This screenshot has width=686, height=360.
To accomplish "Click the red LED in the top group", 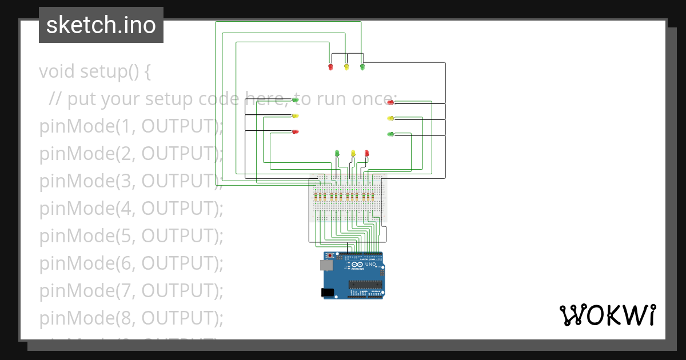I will tap(330, 67).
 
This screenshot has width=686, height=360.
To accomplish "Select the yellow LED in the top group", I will tap(346, 67).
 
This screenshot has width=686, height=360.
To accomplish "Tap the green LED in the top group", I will tap(362, 67).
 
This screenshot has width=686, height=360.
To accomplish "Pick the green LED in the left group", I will tap(295, 99).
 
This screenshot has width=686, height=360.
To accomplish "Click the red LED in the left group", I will tap(295, 131).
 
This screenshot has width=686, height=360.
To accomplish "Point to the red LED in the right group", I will tap(391, 102).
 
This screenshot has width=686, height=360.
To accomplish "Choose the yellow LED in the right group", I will tap(391, 118).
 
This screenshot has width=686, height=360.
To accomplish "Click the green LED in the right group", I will tap(391, 134).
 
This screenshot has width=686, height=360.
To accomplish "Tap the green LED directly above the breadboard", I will tap(337, 153).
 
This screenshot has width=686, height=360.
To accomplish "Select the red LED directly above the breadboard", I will tap(367, 153).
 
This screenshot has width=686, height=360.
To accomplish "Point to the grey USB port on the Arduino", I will tap(326, 266).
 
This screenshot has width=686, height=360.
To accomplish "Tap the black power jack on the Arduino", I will tap(327, 292).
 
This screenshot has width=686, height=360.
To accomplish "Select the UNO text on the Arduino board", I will tap(370, 265).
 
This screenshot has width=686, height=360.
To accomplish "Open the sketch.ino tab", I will tap(101, 25).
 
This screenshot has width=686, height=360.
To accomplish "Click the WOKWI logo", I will tap(607, 315).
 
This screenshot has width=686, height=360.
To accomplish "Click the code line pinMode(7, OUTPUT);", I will tap(131, 290).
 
